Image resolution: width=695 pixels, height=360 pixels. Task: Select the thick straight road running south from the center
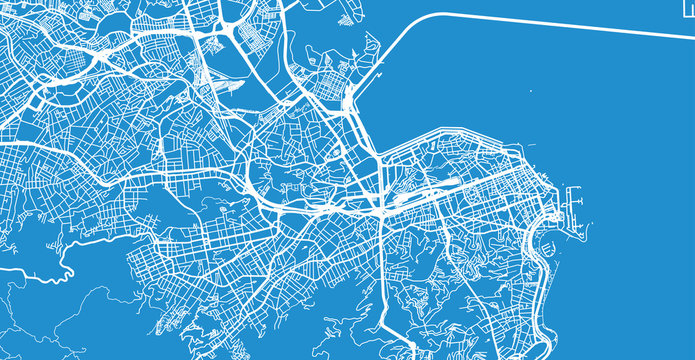[x=382, y=270]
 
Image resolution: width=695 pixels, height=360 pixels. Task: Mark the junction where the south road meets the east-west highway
[x=382, y=212]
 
